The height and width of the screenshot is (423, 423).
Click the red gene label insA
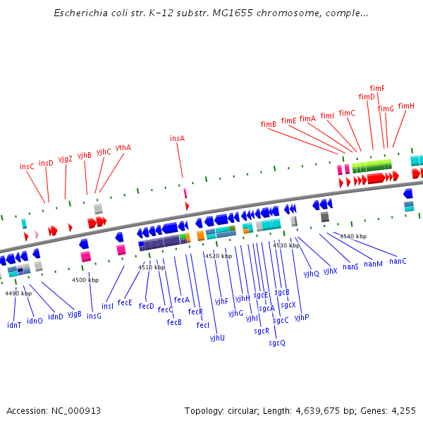pyautogui.click(x=177, y=138)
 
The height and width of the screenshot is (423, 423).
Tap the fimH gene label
pyautogui.click(x=406, y=106)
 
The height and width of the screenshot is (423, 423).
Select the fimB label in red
pyautogui.click(x=268, y=124)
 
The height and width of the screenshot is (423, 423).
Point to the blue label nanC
pyautogui.click(x=398, y=261)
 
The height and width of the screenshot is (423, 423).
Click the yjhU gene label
pyautogui.click(x=217, y=338)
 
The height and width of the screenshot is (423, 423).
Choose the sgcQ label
pyautogui.click(x=277, y=343)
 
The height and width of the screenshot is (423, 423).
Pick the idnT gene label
pyautogui.click(x=14, y=325)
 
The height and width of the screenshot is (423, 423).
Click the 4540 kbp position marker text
pyautogui.click(x=353, y=236)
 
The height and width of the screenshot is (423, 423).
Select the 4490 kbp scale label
pyautogui.click(x=18, y=293)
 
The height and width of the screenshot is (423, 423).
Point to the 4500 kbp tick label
pyautogui.click(x=85, y=280)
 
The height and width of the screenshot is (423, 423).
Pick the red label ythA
pyautogui.click(x=123, y=147)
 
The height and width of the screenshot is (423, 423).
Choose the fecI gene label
pyautogui.click(x=203, y=325)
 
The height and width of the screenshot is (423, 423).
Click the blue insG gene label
pyautogui.click(x=94, y=316)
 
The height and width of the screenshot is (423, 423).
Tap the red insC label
pyautogui.click(x=27, y=166)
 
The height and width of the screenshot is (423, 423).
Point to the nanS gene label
pyautogui.click(x=350, y=266)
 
